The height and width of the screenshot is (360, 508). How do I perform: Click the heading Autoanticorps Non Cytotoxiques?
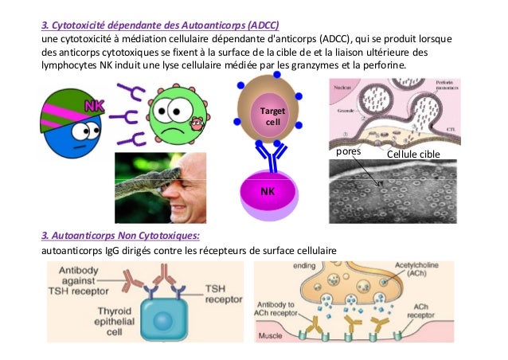(x=120, y=236)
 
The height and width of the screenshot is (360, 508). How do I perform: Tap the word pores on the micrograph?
(x=349, y=151)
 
